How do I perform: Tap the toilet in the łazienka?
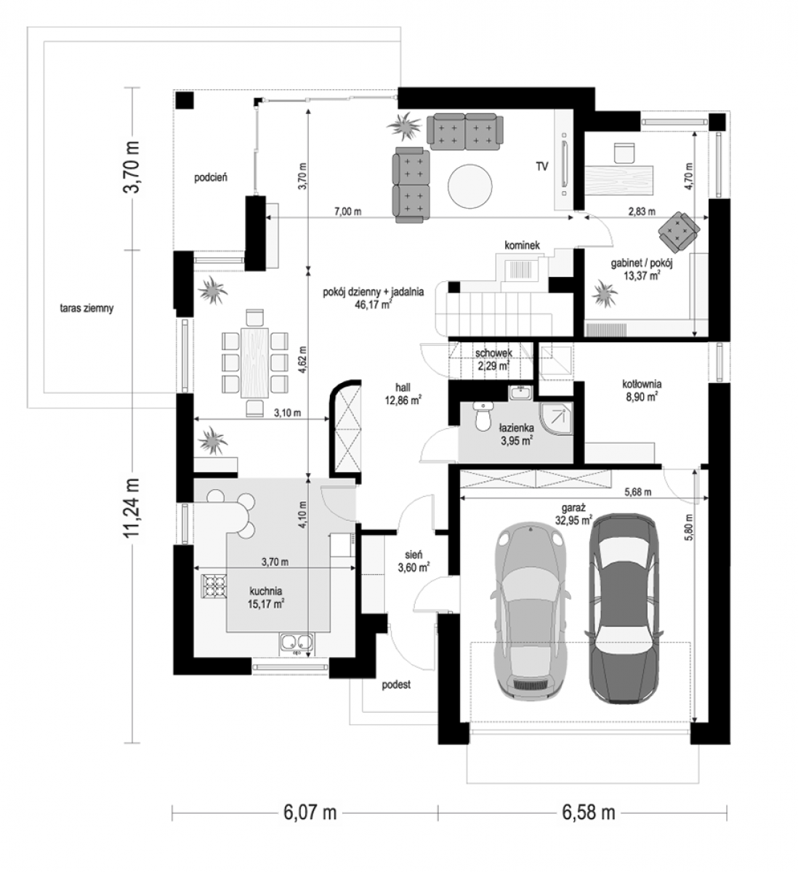point(483,416)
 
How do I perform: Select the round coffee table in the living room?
point(470,185)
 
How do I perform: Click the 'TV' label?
point(542,166)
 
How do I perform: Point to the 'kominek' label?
point(522,245)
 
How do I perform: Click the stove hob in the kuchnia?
point(214,586)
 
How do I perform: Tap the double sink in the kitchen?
point(296,644)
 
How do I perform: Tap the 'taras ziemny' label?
point(86,308)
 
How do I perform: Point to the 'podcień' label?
point(211,177)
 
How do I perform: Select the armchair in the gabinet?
point(678,231)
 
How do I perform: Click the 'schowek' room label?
point(493,352)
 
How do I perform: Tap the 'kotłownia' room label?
point(642,384)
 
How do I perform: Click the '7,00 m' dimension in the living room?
point(347,211)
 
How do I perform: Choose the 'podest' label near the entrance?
point(396,685)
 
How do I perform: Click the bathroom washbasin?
point(520,393)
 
